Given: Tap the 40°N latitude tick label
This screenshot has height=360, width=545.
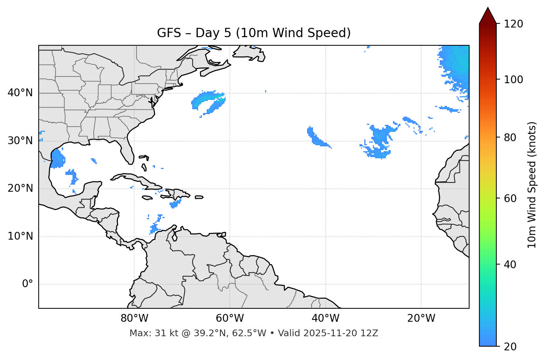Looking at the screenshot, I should tap(20, 93).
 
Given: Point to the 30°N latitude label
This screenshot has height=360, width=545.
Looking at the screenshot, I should tap(20, 141).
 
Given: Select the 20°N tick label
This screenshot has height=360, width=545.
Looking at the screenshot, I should tap(20, 188).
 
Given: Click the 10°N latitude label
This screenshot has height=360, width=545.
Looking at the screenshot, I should tap(20, 236).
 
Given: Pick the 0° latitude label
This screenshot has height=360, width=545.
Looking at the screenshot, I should tap(28, 284).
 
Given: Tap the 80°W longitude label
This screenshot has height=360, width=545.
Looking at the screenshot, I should tap(134, 318).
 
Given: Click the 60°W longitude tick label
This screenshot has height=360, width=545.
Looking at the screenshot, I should tap(229, 318).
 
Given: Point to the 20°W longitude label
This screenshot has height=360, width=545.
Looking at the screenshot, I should tap(421, 318).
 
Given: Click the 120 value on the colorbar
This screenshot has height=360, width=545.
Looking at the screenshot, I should tap(513, 24).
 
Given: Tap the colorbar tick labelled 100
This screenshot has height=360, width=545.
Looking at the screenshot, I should tap(513, 80).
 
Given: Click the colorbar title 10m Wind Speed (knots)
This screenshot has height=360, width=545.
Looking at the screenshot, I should tap(532, 185).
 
